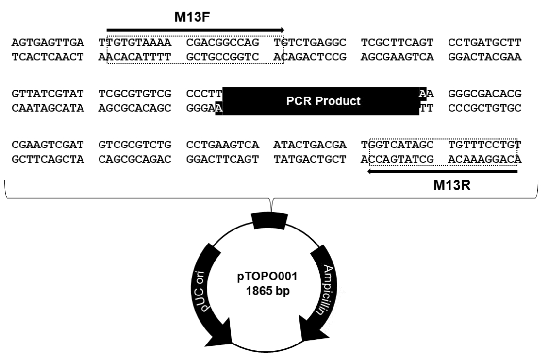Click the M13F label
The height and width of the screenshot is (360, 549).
click(192, 17)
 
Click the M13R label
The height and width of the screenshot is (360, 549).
click(451, 185)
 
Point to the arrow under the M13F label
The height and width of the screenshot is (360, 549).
click(195, 30)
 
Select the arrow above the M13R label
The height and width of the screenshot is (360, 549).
click(442, 171)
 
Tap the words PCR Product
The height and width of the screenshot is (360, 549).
click(323, 101)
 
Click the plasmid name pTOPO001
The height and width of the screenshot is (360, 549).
click(267, 277)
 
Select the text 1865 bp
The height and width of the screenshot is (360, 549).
click(267, 291)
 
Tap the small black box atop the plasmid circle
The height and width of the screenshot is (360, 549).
click(269, 221)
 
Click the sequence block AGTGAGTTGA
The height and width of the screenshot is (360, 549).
click(48, 42)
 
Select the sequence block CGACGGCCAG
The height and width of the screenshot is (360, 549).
click(223, 42)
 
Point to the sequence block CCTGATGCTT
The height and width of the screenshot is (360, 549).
click(485, 42)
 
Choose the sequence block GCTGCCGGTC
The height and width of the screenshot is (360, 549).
click(223, 57)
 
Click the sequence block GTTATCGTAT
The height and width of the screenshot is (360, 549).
click(48, 94)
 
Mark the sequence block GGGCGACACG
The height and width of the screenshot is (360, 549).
click(485, 94)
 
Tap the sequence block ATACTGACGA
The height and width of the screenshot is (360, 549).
click(310, 145)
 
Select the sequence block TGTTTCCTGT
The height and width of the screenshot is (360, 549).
click(485, 145)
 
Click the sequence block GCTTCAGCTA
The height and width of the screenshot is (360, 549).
click(48, 159)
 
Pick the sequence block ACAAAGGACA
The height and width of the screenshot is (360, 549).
click(485, 159)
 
